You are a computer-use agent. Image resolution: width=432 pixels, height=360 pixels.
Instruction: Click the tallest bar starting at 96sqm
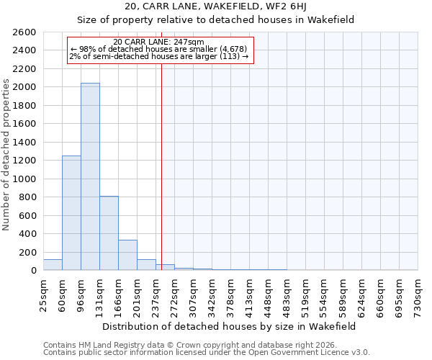point(90,176)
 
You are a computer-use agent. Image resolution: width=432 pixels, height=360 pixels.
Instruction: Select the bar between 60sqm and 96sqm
point(71,213)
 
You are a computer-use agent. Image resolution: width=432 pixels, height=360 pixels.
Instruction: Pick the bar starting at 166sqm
point(127,255)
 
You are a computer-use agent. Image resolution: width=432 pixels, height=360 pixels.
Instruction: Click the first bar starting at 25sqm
point(53,265)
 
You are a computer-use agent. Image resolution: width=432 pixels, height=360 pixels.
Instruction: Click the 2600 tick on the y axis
point(24,32)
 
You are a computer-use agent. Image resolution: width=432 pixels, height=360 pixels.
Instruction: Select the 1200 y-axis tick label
point(24,161)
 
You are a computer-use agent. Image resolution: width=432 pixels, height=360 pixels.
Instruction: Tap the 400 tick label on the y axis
point(27,234)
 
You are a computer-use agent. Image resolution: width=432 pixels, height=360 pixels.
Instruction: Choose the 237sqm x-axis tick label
point(156,294)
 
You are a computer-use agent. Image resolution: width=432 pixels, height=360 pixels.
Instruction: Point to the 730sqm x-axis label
point(418,294)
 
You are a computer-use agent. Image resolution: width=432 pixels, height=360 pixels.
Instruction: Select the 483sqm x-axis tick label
point(287,294)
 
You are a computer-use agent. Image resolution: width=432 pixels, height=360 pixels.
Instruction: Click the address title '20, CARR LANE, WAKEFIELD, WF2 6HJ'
point(215,6)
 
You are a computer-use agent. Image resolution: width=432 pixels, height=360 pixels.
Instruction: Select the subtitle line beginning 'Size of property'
point(215,20)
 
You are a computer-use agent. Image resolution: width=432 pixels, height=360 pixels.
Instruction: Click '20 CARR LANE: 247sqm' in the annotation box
point(159,42)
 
